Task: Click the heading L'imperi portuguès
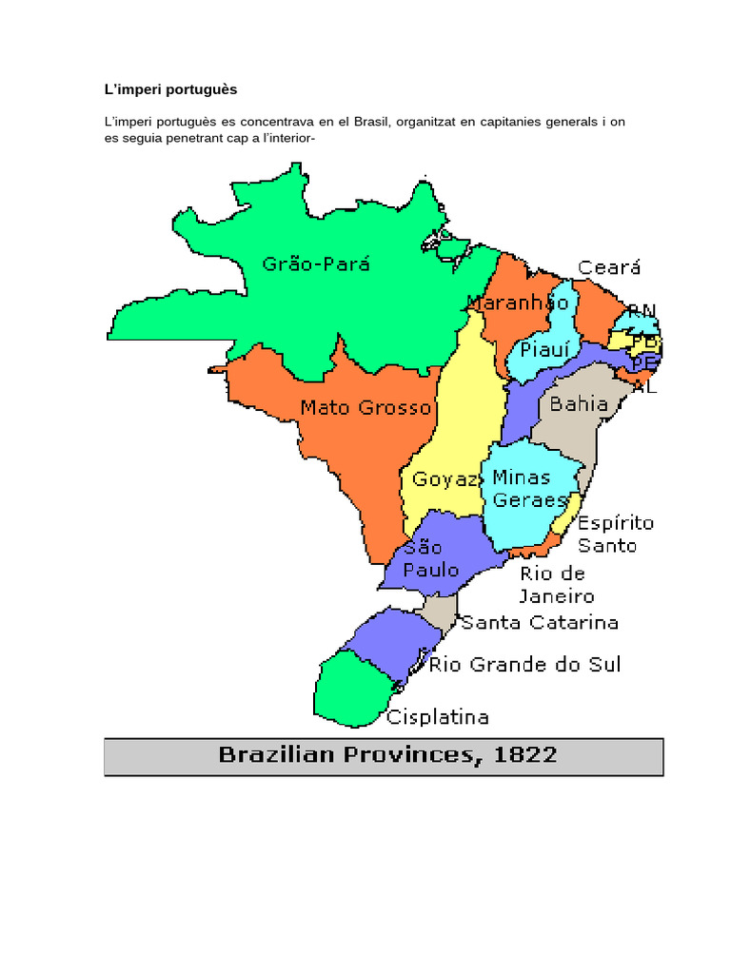170,89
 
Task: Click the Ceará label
609,268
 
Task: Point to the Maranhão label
518,303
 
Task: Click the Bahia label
580,404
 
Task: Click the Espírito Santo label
616,535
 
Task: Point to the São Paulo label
430,560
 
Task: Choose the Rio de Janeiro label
557,585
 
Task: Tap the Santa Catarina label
540,623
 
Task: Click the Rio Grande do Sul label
524,664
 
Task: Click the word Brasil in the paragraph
372,122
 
